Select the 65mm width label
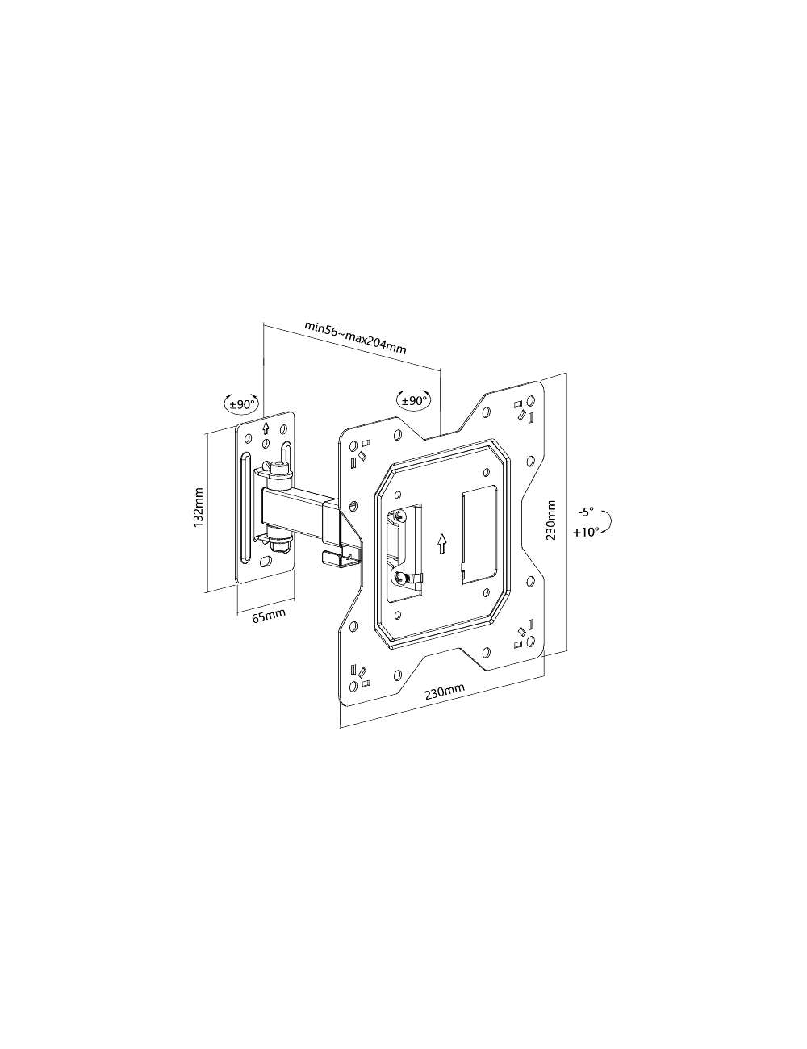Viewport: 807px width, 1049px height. point(269,617)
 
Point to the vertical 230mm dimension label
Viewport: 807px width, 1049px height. point(551,520)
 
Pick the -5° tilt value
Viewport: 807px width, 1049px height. point(585,512)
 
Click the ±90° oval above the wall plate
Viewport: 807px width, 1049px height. point(240,403)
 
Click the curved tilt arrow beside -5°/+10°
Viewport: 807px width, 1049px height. point(611,522)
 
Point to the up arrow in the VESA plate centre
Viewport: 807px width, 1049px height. point(441,543)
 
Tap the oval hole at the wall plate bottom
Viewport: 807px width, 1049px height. point(267,562)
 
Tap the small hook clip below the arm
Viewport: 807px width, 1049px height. point(331,556)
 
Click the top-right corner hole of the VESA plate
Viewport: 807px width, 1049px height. point(530,401)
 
